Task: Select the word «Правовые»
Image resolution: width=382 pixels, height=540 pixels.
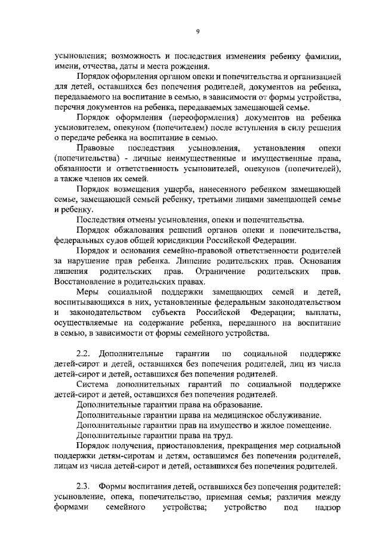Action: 95,147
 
